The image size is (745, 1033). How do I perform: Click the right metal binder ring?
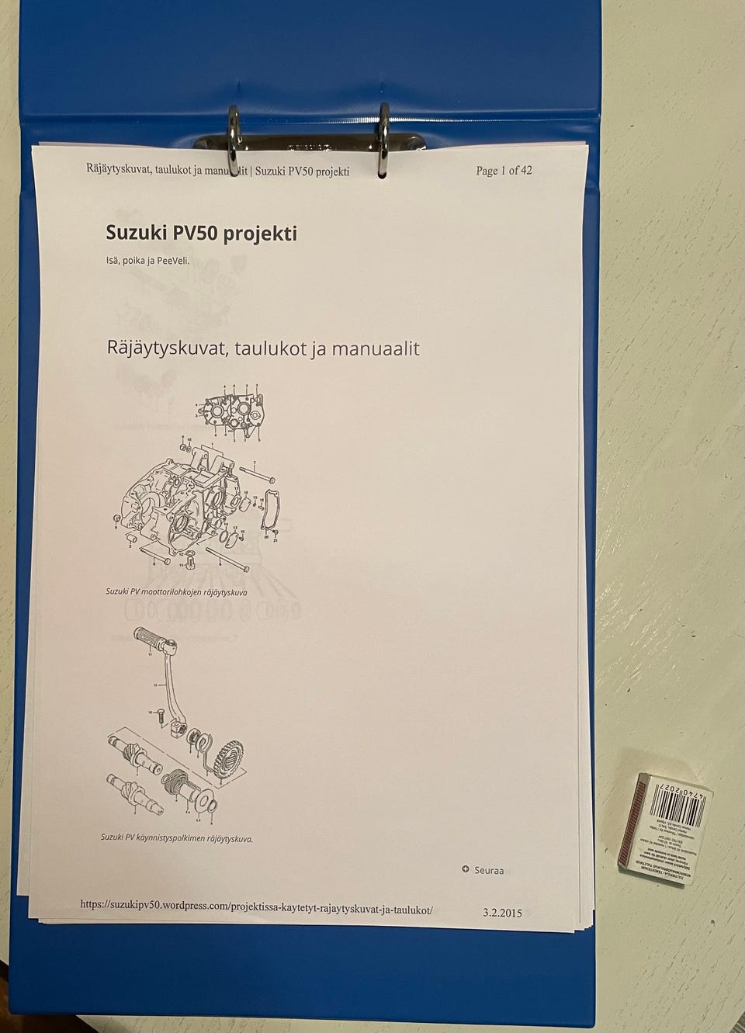pyautogui.click(x=383, y=140)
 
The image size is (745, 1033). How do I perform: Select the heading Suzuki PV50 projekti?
pyautogui.click(x=201, y=233)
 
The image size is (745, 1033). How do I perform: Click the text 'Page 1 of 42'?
pyautogui.click(x=504, y=171)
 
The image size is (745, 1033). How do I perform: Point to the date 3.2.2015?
pyautogui.click(x=502, y=912)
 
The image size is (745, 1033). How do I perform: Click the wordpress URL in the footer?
pyautogui.click(x=256, y=906)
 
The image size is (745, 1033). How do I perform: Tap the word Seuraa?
pyautogui.click(x=489, y=870)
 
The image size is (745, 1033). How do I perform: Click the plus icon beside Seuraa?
pyautogui.click(x=466, y=869)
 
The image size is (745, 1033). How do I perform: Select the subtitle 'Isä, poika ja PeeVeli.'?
pyautogui.click(x=147, y=261)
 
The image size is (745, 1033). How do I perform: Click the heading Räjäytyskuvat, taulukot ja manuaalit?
pyautogui.click(x=262, y=348)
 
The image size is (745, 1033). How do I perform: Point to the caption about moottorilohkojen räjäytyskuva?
pyautogui.click(x=176, y=591)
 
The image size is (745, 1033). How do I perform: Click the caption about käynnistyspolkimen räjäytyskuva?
pyautogui.click(x=176, y=838)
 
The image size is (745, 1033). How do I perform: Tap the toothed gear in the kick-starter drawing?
pyautogui.click(x=230, y=757)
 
